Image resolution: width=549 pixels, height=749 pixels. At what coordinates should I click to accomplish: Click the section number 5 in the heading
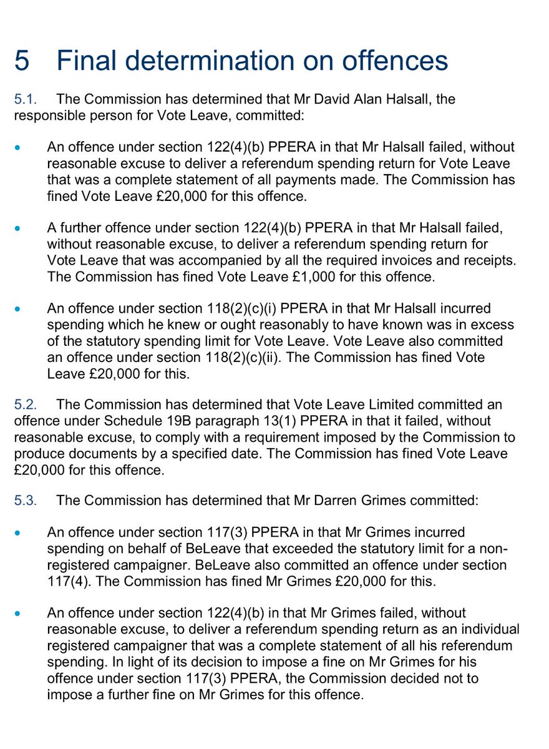tap(21, 61)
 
